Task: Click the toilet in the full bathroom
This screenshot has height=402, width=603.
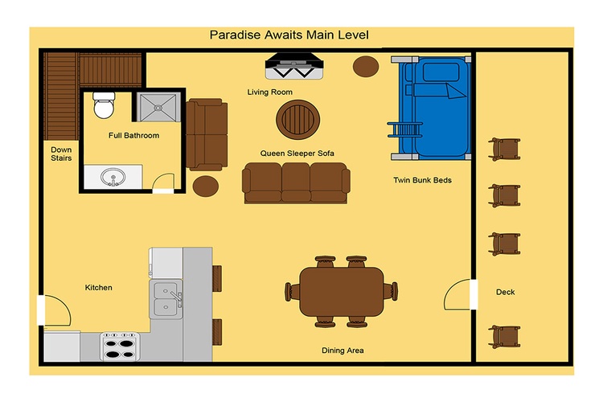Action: [x=104, y=105]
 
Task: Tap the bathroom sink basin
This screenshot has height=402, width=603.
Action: [x=113, y=178]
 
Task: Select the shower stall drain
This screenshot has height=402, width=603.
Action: [x=158, y=108]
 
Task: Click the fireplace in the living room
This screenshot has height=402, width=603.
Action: [x=294, y=65]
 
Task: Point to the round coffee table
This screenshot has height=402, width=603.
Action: [x=298, y=120]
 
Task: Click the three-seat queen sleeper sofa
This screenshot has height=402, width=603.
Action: [x=296, y=183]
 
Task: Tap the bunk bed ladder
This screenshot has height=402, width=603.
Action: [x=405, y=129]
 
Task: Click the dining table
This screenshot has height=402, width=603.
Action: [x=342, y=292]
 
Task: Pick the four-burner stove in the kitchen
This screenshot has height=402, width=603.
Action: [x=120, y=347]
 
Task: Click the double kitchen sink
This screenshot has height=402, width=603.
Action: [x=166, y=299]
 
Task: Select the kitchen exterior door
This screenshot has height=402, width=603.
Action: [x=54, y=310]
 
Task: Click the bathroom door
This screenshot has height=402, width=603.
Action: [x=163, y=183]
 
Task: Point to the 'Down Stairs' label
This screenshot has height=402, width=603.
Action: [x=61, y=154]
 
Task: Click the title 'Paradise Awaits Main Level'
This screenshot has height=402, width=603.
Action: [x=289, y=35]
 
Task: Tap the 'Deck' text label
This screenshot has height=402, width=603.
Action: [x=506, y=292]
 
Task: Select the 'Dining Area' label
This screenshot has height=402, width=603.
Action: [x=343, y=351]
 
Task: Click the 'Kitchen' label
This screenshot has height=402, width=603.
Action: [x=98, y=287]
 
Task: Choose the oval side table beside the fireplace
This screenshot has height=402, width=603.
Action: [x=366, y=66]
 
